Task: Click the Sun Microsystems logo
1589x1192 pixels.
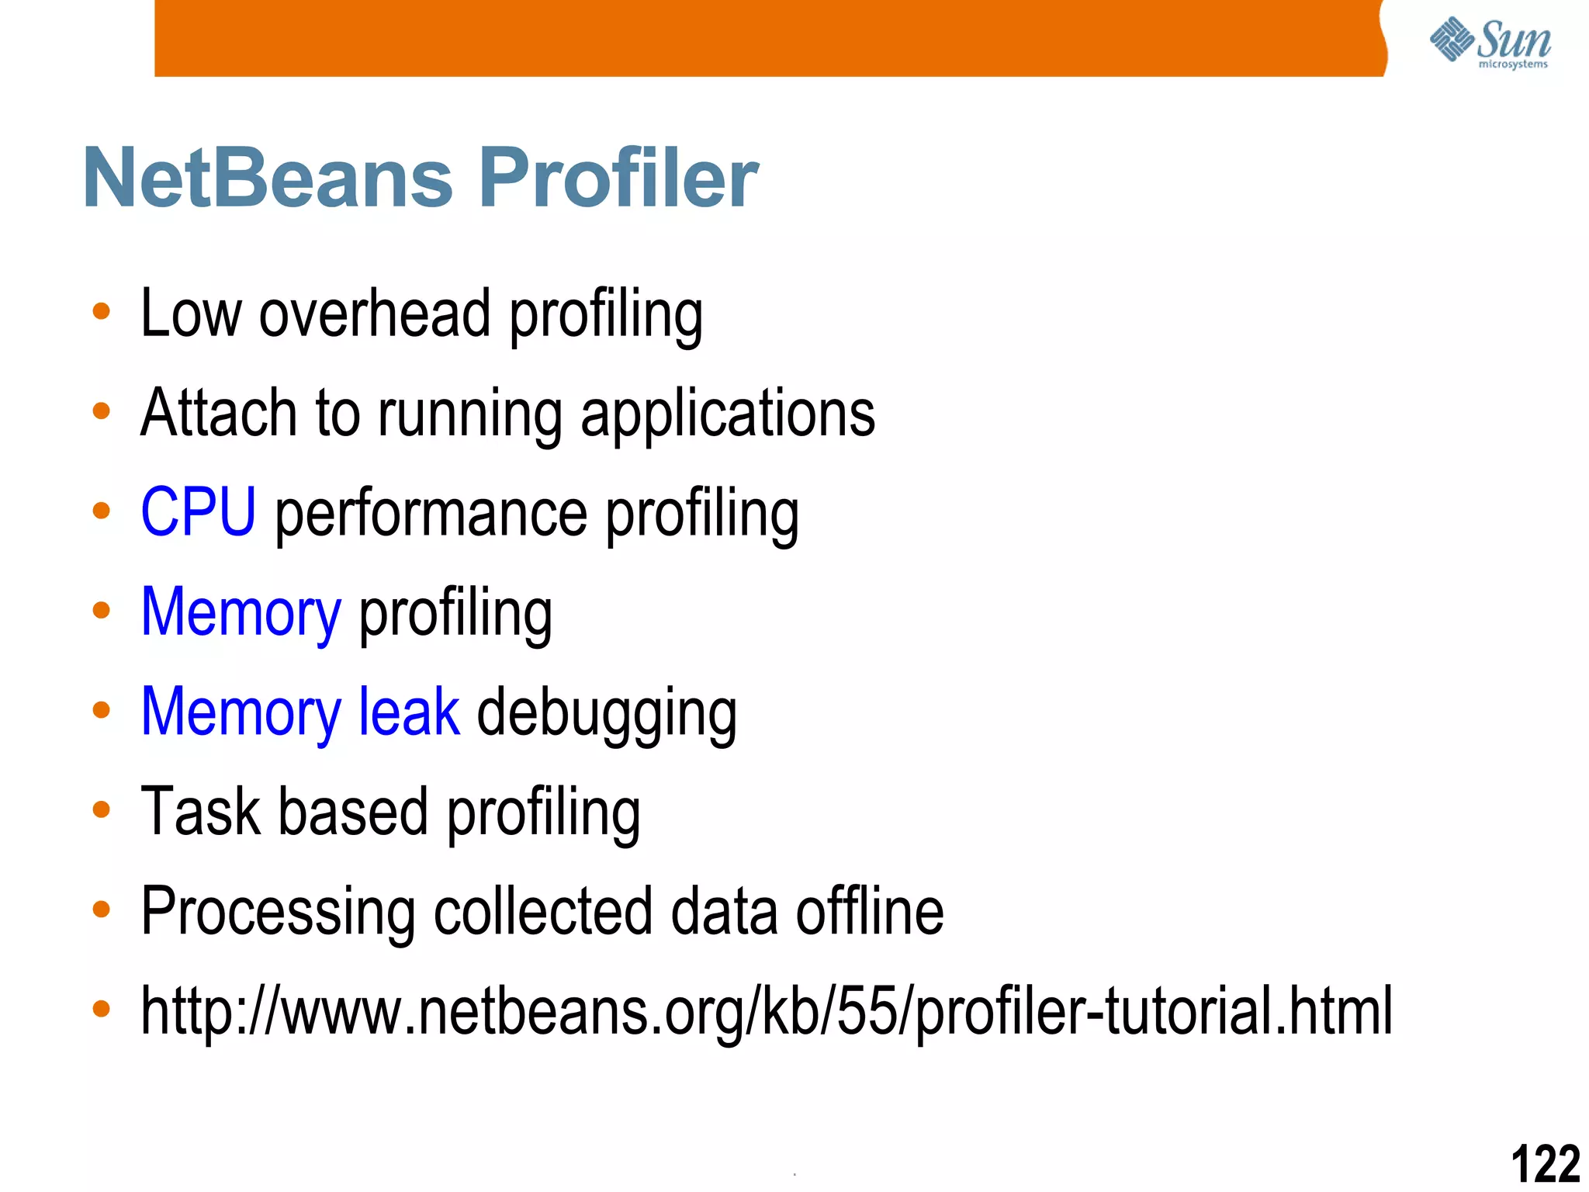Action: click(1490, 43)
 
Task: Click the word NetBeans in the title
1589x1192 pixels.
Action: click(268, 178)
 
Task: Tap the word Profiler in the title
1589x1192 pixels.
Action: click(618, 178)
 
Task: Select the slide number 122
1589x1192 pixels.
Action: click(1545, 1163)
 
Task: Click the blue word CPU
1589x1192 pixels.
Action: click(198, 511)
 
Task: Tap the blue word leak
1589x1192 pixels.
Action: click(408, 712)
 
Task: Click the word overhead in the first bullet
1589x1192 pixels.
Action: click(375, 314)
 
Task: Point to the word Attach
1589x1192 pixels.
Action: click(219, 413)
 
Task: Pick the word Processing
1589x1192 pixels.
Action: click(278, 913)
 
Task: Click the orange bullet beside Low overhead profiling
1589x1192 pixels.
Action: click(101, 312)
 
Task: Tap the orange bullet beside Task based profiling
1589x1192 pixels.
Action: click(101, 810)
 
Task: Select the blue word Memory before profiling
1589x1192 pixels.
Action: click(241, 613)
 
